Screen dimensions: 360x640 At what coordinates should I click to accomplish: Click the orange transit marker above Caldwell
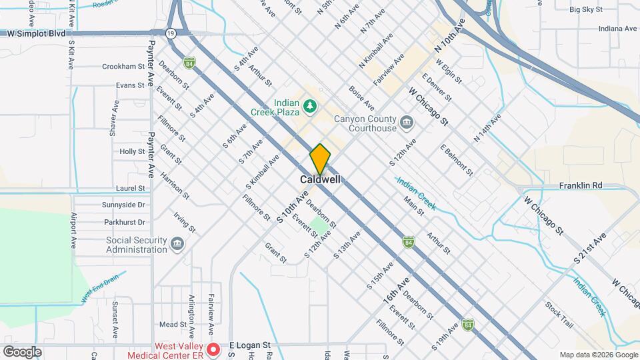coord(320,159)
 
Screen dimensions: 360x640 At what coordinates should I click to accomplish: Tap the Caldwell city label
coord(320,180)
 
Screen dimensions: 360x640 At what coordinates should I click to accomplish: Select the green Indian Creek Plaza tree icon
coord(309,105)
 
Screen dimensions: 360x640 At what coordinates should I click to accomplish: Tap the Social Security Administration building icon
coord(177,245)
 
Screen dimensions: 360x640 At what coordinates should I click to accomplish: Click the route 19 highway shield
coord(171,33)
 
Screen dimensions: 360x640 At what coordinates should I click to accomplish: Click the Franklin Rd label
coord(581,185)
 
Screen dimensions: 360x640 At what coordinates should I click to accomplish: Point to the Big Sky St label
coord(586,10)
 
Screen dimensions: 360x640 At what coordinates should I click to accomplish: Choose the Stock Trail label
coord(559,316)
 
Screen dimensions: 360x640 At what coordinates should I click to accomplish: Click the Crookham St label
coord(123,67)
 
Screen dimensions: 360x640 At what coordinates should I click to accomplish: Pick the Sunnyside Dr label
coord(123,205)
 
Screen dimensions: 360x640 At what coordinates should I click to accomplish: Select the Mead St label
coord(172,325)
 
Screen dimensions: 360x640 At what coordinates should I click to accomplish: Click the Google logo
coord(22,352)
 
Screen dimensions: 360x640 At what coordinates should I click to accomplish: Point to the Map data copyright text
coord(598,354)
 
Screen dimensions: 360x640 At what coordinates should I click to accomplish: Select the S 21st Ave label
coord(590,247)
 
